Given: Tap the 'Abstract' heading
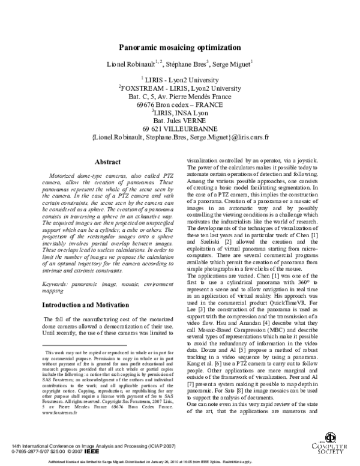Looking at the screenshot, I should point(109,162).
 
